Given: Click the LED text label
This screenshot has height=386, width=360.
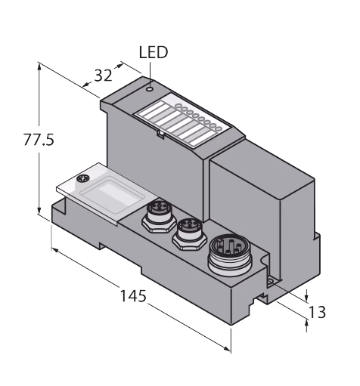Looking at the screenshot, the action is [154, 52].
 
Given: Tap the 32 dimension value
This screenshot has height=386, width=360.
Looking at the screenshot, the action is [103, 76].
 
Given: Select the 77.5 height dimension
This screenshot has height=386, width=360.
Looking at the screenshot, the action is [39, 140].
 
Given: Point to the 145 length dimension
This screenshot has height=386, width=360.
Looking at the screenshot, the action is [133, 295].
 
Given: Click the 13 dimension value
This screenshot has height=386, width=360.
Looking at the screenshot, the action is [317, 312].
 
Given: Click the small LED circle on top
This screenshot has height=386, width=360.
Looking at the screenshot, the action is [150, 89].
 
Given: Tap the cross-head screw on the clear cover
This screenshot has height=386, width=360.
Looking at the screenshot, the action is [83, 178].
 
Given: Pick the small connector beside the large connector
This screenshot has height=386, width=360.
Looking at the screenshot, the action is [189, 233].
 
